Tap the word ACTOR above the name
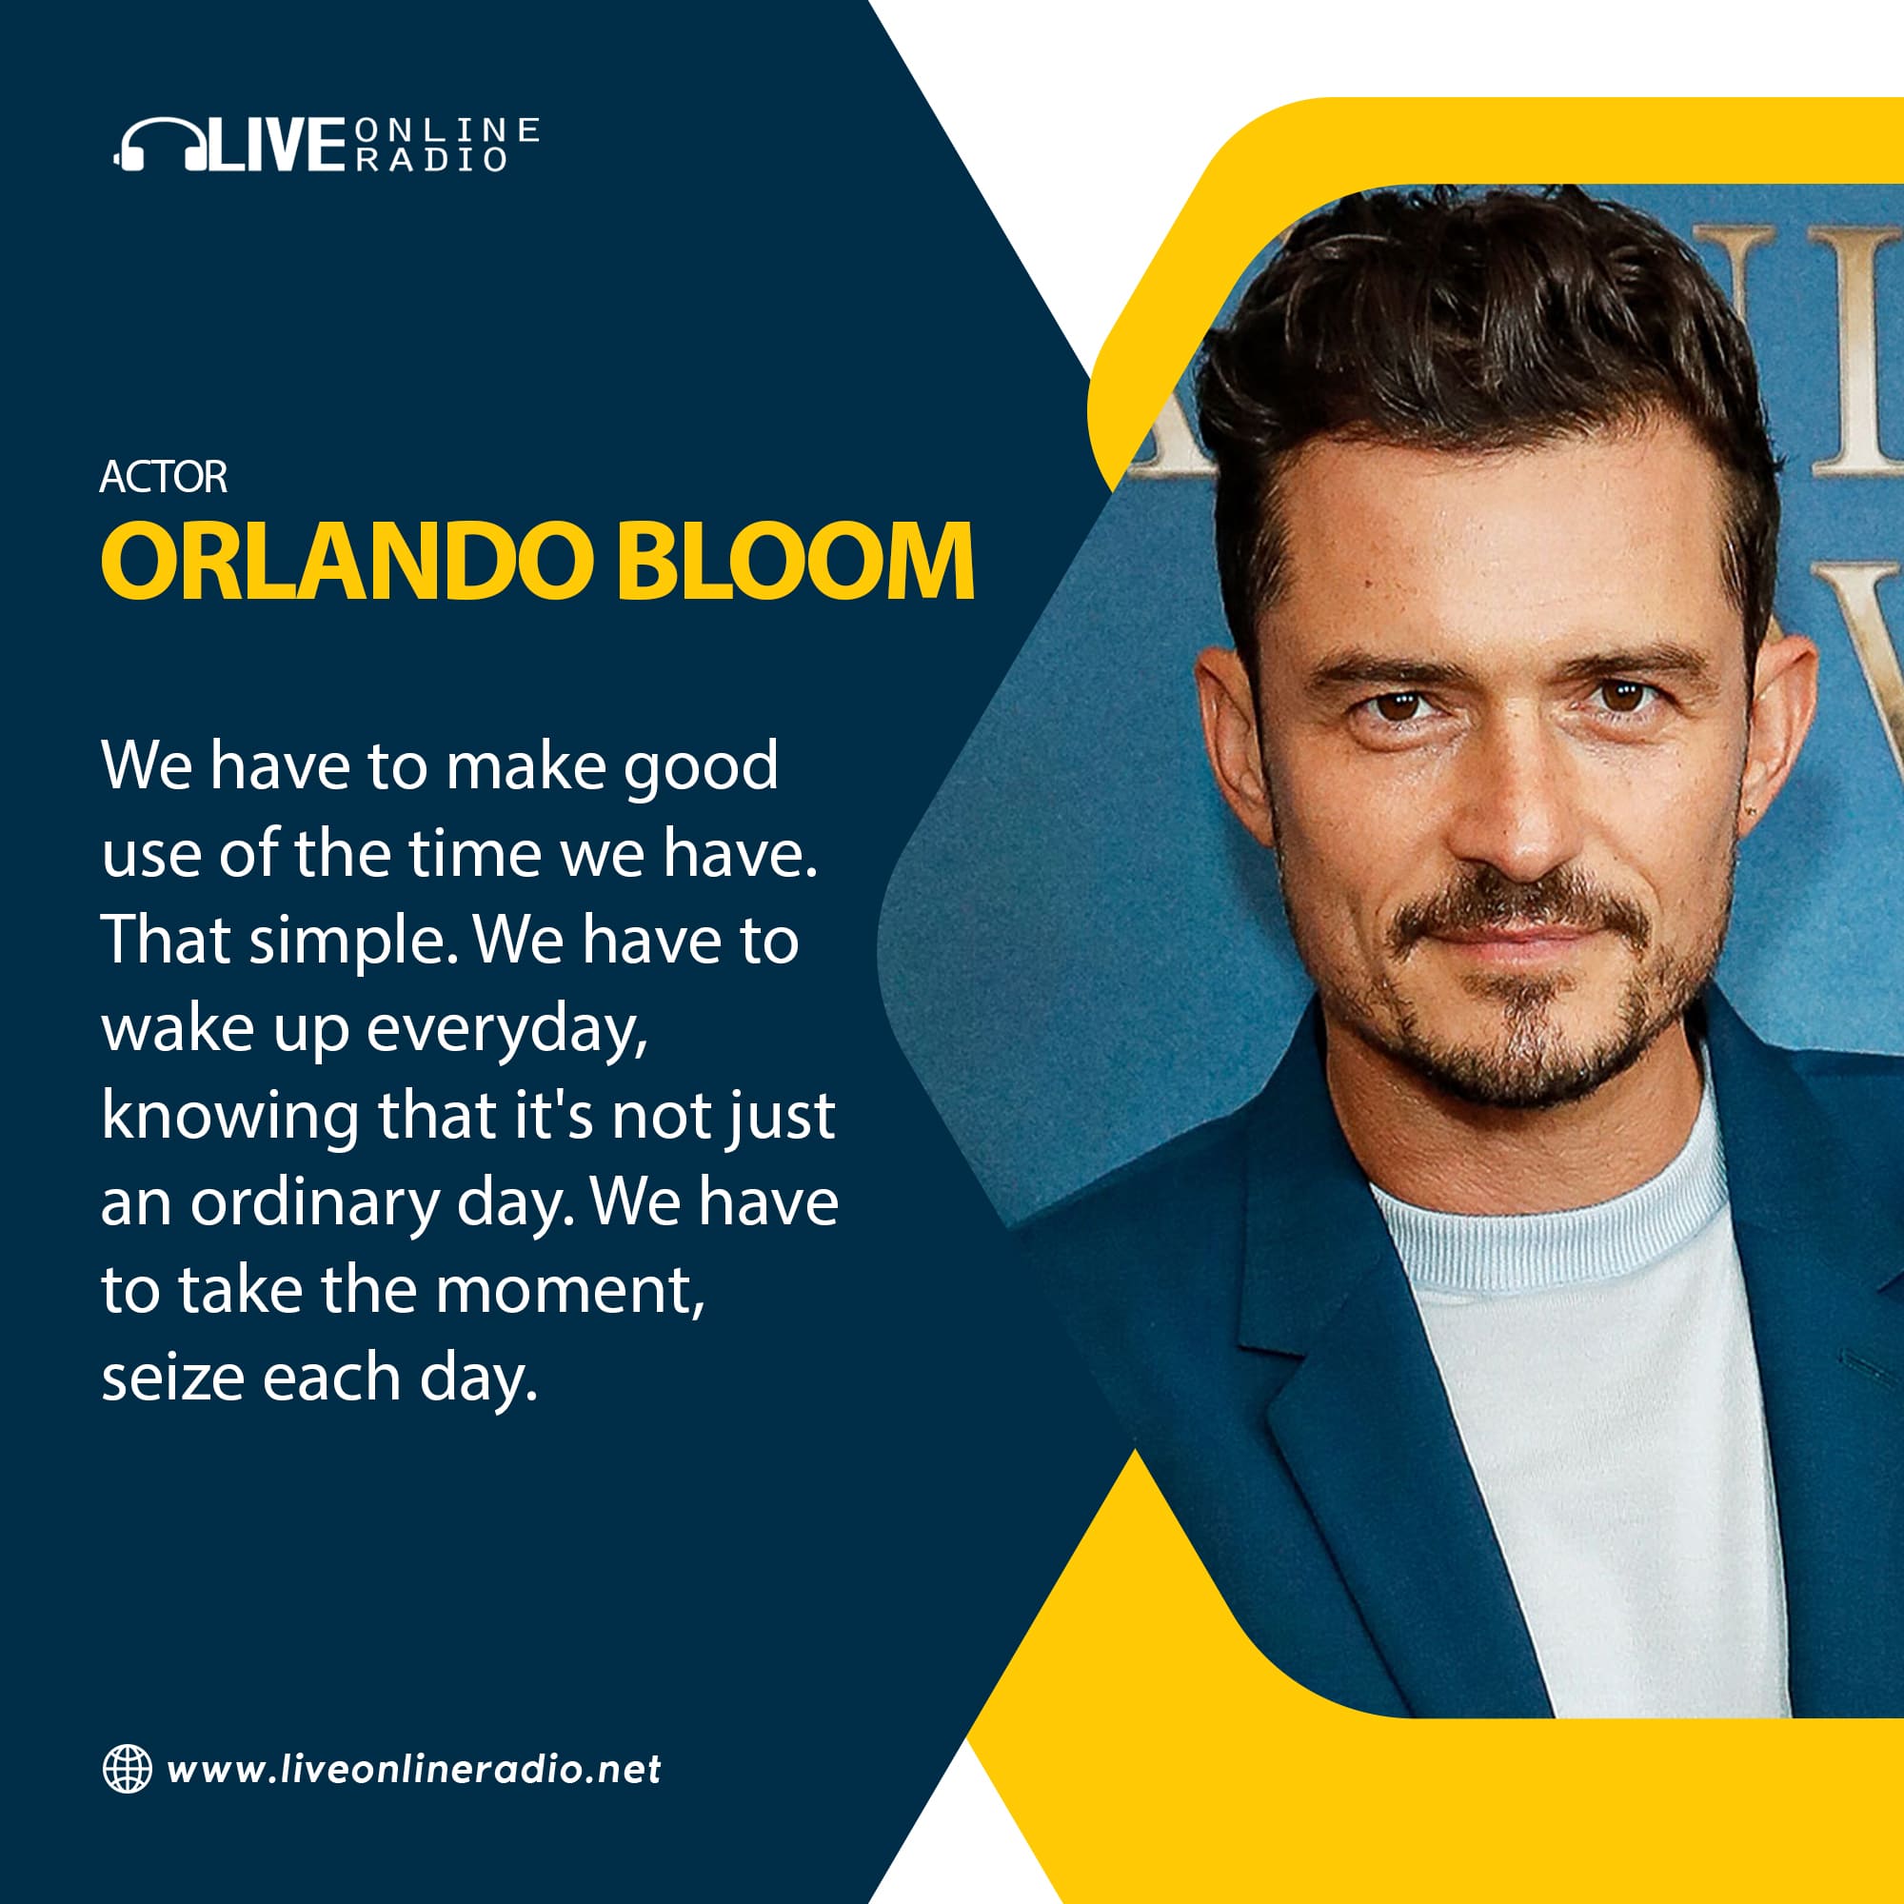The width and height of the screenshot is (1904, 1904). [164, 477]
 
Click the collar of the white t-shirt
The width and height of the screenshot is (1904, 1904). [1547, 1222]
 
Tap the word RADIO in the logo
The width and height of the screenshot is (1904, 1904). [430, 160]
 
